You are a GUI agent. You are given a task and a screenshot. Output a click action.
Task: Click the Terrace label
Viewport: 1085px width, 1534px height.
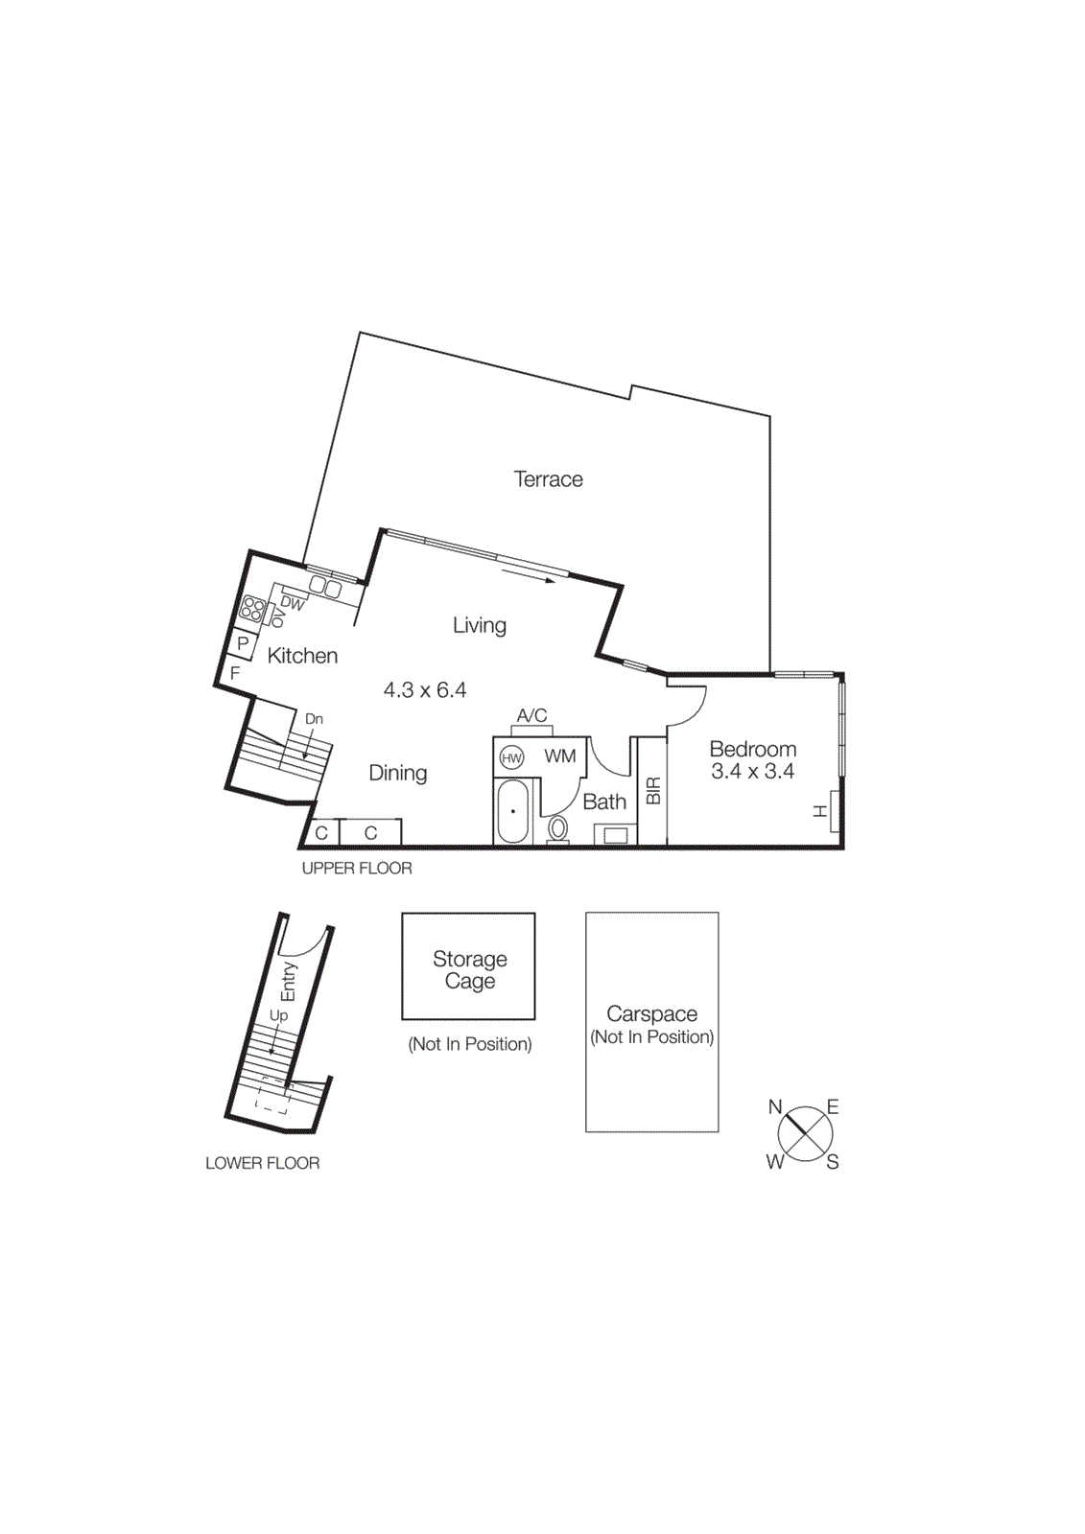[548, 479]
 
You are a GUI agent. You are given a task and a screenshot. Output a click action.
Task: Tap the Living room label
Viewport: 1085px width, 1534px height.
[479, 625]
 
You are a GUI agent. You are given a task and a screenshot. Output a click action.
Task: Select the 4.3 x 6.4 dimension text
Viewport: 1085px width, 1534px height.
[425, 690]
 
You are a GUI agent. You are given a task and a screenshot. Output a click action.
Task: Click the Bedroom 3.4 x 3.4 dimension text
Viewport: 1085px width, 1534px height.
[752, 772]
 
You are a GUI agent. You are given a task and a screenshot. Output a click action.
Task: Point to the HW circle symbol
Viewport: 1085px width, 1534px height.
[511, 758]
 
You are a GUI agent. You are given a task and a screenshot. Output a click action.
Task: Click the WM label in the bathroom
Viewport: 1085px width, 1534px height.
[560, 756]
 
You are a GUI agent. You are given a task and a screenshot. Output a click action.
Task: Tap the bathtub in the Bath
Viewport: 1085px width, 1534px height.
[513, 811]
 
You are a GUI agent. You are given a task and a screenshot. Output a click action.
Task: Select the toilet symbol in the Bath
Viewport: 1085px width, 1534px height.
[557, 828]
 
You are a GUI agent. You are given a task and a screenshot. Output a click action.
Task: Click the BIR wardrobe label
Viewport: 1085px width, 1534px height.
[653, 791]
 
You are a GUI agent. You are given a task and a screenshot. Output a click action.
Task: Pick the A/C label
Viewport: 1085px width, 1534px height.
[531, 715]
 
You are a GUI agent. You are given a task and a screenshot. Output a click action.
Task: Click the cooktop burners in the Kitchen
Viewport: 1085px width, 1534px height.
[253, 609]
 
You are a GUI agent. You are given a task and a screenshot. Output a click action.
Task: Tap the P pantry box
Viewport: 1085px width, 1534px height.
[243, 643]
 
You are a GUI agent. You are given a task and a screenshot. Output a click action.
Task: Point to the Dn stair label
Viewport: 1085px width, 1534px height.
[314, 719]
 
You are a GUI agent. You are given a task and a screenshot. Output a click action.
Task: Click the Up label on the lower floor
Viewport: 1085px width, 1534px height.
[278, 1015]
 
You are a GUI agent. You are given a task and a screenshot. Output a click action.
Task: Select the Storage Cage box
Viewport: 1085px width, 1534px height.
[468, 966]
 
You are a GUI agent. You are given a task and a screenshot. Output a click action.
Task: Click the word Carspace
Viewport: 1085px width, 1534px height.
[651, 1013]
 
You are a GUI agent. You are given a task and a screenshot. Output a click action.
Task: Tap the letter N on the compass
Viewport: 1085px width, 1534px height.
[775, 1107]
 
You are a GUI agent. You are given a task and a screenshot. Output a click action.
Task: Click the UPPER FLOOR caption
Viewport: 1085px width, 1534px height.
[357, 869]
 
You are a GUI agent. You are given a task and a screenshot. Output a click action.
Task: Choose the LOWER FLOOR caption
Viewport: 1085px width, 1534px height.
[262, 1163]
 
